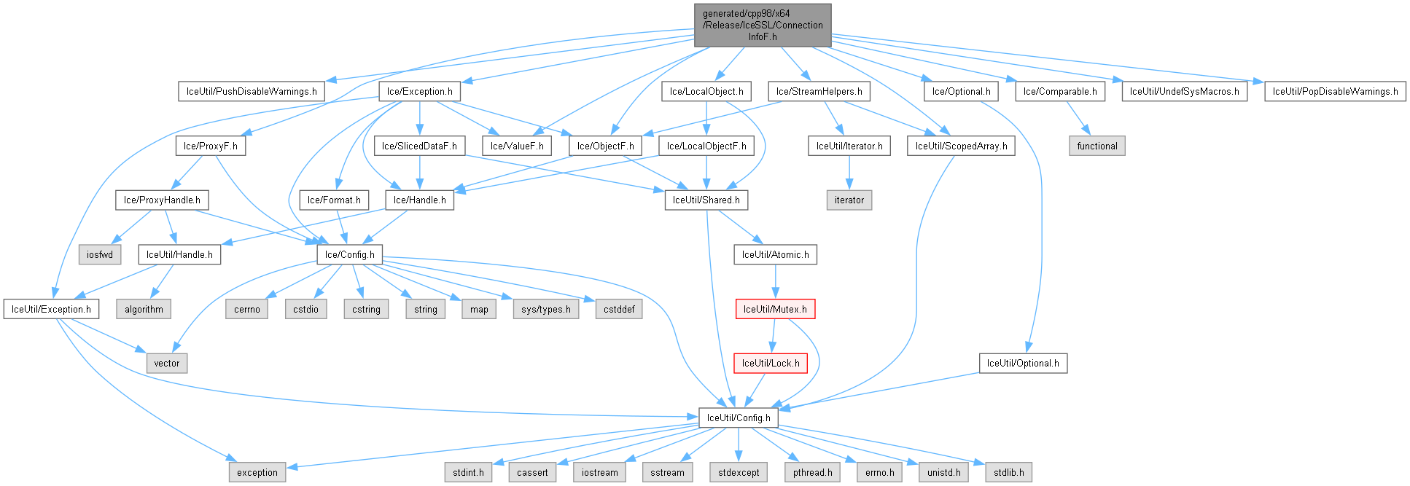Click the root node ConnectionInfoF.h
coord(763,25)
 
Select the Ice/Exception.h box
coord(419,91)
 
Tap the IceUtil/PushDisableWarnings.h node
coord(252,91)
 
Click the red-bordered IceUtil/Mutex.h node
coord(775,309)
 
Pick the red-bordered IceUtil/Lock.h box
coord(771,363)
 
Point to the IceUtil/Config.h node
coord(738,418)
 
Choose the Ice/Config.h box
coord(349,254)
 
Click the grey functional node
coord(1097,146)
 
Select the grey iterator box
coord(849,200)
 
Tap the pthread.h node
coord(813,472)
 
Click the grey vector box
coord(166,363)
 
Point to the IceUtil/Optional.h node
coord(1023,363)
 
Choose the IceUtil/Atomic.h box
coord(775,254)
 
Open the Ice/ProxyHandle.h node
coord(162,200)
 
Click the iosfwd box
coord(100,254)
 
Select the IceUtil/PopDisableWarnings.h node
coord(1335,91)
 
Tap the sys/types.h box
coord(546,309)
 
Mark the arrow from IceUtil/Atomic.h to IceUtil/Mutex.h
coord(775,281)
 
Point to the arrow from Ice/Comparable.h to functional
coord(1078,118)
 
